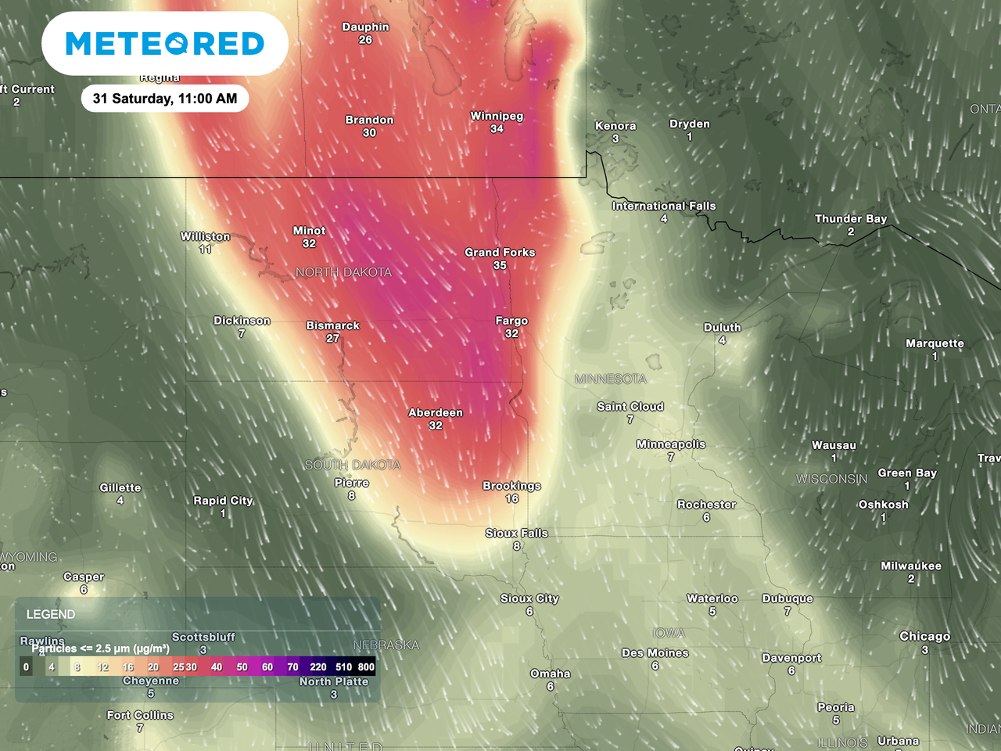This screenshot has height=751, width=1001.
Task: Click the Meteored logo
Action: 165,44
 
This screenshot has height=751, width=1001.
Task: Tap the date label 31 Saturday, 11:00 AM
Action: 165,99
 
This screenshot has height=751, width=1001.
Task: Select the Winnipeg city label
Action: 497,116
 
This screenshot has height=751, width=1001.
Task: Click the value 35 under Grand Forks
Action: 500,265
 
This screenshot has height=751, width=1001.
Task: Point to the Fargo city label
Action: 511,321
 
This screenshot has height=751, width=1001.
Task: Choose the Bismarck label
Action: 333,325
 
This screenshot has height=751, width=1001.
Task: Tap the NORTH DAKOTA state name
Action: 343,272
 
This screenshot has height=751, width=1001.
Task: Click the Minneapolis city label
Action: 671,444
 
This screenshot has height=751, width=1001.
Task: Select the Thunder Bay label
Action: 851,219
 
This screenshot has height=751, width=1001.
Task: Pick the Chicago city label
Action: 924,637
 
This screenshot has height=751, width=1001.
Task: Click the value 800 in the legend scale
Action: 366,667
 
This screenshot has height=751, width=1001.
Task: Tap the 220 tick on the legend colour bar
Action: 318,667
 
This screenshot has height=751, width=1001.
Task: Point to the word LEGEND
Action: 51,615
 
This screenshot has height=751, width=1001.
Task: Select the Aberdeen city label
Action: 436,413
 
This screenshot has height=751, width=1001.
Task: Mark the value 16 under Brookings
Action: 511,498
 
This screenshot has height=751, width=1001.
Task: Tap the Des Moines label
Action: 655,653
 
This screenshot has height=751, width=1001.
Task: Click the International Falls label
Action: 664,207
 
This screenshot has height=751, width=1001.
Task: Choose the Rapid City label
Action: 224,501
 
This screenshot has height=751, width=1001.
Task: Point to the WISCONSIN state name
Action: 831,479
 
